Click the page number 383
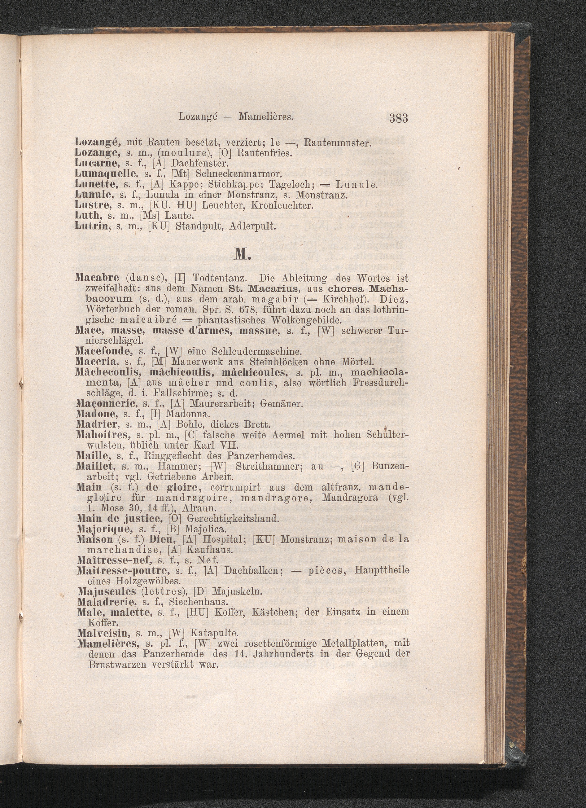point(398,117)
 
